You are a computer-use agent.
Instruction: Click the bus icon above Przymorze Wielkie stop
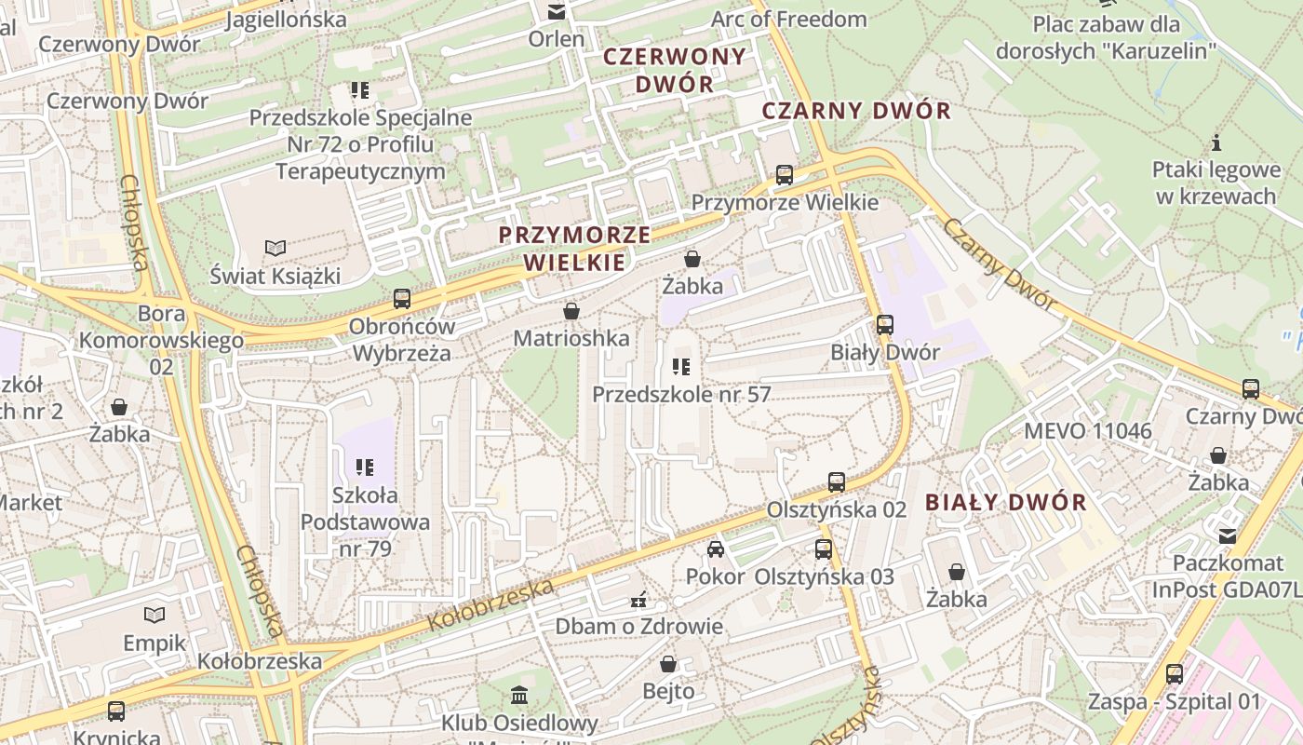point(785,174)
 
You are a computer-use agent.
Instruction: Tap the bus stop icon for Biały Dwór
point(885,325)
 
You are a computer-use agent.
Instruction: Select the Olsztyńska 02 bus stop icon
point(837,482)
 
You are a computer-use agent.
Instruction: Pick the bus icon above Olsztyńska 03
point(824,549)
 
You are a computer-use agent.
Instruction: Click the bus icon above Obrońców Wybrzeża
point(402,299)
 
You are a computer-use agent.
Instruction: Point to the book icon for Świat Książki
point(275,248)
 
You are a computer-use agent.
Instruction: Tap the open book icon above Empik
point(154,615)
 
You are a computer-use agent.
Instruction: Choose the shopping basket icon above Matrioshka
point(571,310)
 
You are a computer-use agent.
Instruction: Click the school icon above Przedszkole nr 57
point(681,366)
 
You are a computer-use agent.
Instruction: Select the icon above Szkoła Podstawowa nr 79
point(365,467)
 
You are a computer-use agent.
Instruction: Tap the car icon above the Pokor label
point(715,549)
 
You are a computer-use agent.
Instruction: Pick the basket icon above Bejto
point(668,663)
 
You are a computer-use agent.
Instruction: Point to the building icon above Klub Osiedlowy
point(519,695)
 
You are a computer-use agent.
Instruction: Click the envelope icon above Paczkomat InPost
point(1228,535)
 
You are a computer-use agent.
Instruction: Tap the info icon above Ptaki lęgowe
point(1216,142)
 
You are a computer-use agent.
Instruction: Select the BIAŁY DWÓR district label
point(1005,503)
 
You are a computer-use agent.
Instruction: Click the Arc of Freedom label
point(788,19)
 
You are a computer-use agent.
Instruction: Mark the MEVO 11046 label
point(1087,431)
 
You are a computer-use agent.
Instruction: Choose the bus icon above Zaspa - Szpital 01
point(1175,674)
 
